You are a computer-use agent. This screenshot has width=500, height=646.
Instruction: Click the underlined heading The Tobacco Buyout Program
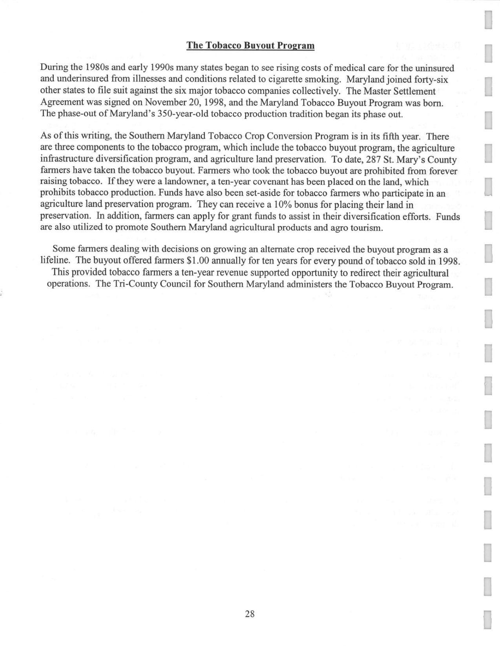(250, 46)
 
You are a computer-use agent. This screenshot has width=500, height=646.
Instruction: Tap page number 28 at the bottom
(250, 614)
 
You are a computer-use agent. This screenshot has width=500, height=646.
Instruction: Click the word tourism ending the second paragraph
(367, 228)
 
